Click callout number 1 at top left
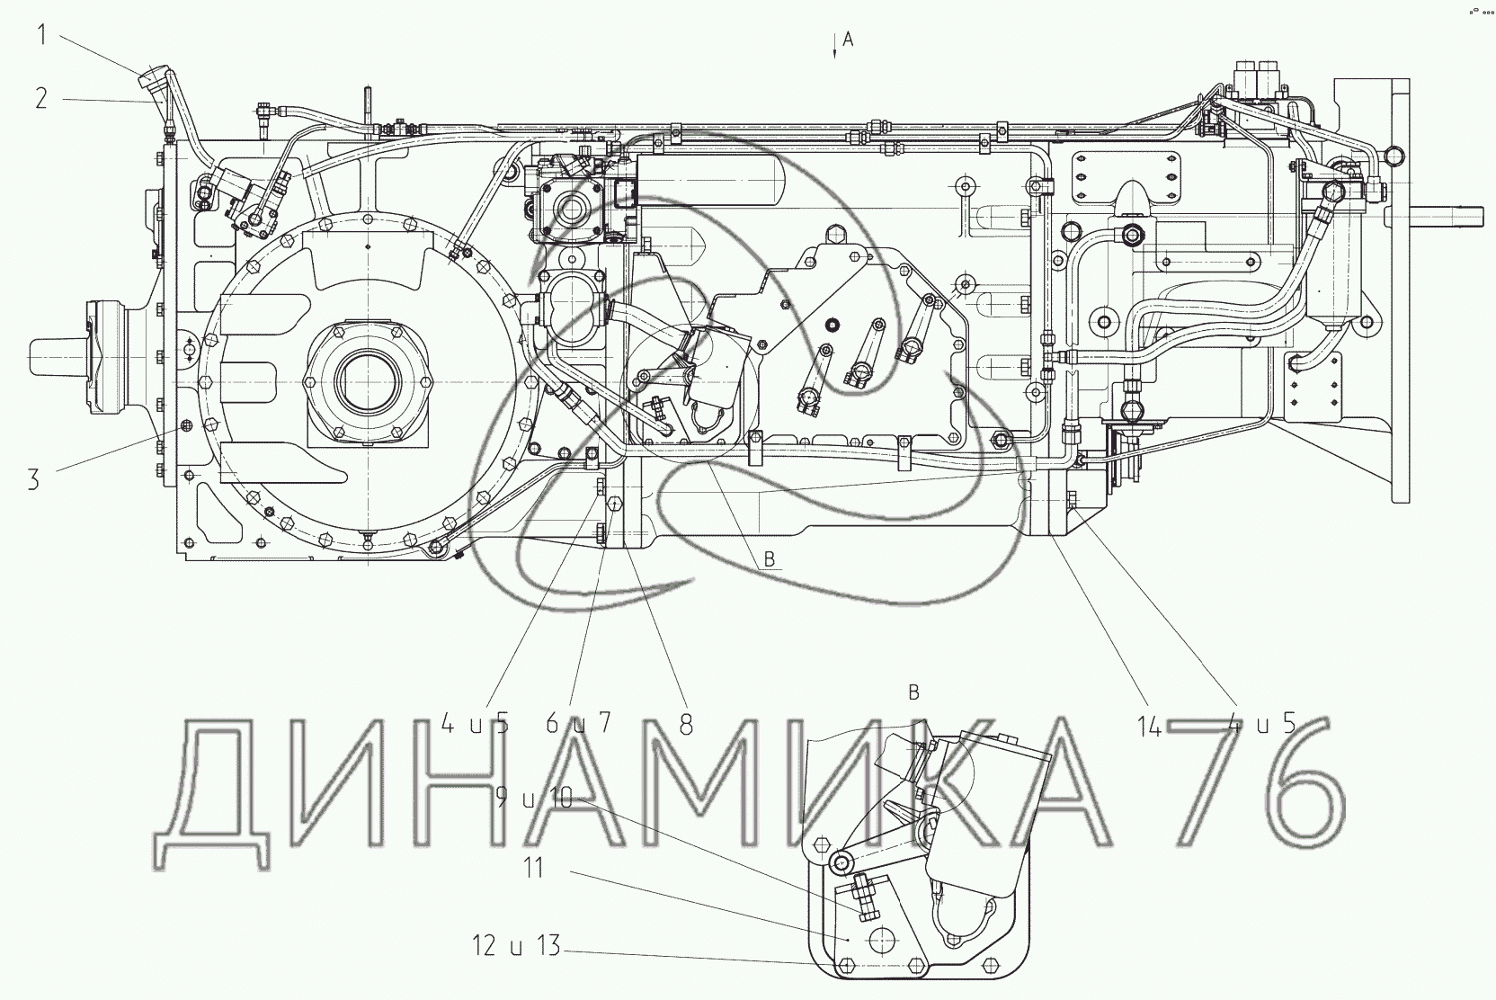point(41,35)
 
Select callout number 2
point(41,98)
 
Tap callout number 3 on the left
point(33,479)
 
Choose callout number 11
point(533,869)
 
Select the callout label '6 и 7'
point(578,723)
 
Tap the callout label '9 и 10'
point(534,798)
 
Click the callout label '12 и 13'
point(516,946)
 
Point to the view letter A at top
point(848,40)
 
